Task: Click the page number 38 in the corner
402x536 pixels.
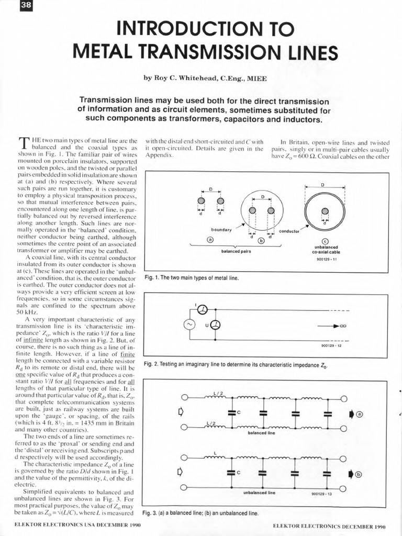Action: [x=11, y=6]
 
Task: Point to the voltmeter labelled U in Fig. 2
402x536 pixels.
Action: [x=215, y=325]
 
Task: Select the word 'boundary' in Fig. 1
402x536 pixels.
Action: [x=221, y=230]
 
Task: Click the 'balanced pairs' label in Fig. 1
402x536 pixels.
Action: [x=237, y=251]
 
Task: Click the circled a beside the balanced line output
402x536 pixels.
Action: [x=359, y=414]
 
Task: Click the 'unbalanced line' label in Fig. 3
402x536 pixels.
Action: [x=259, y=493]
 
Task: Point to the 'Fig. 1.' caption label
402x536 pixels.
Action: [x=151, y=277]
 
